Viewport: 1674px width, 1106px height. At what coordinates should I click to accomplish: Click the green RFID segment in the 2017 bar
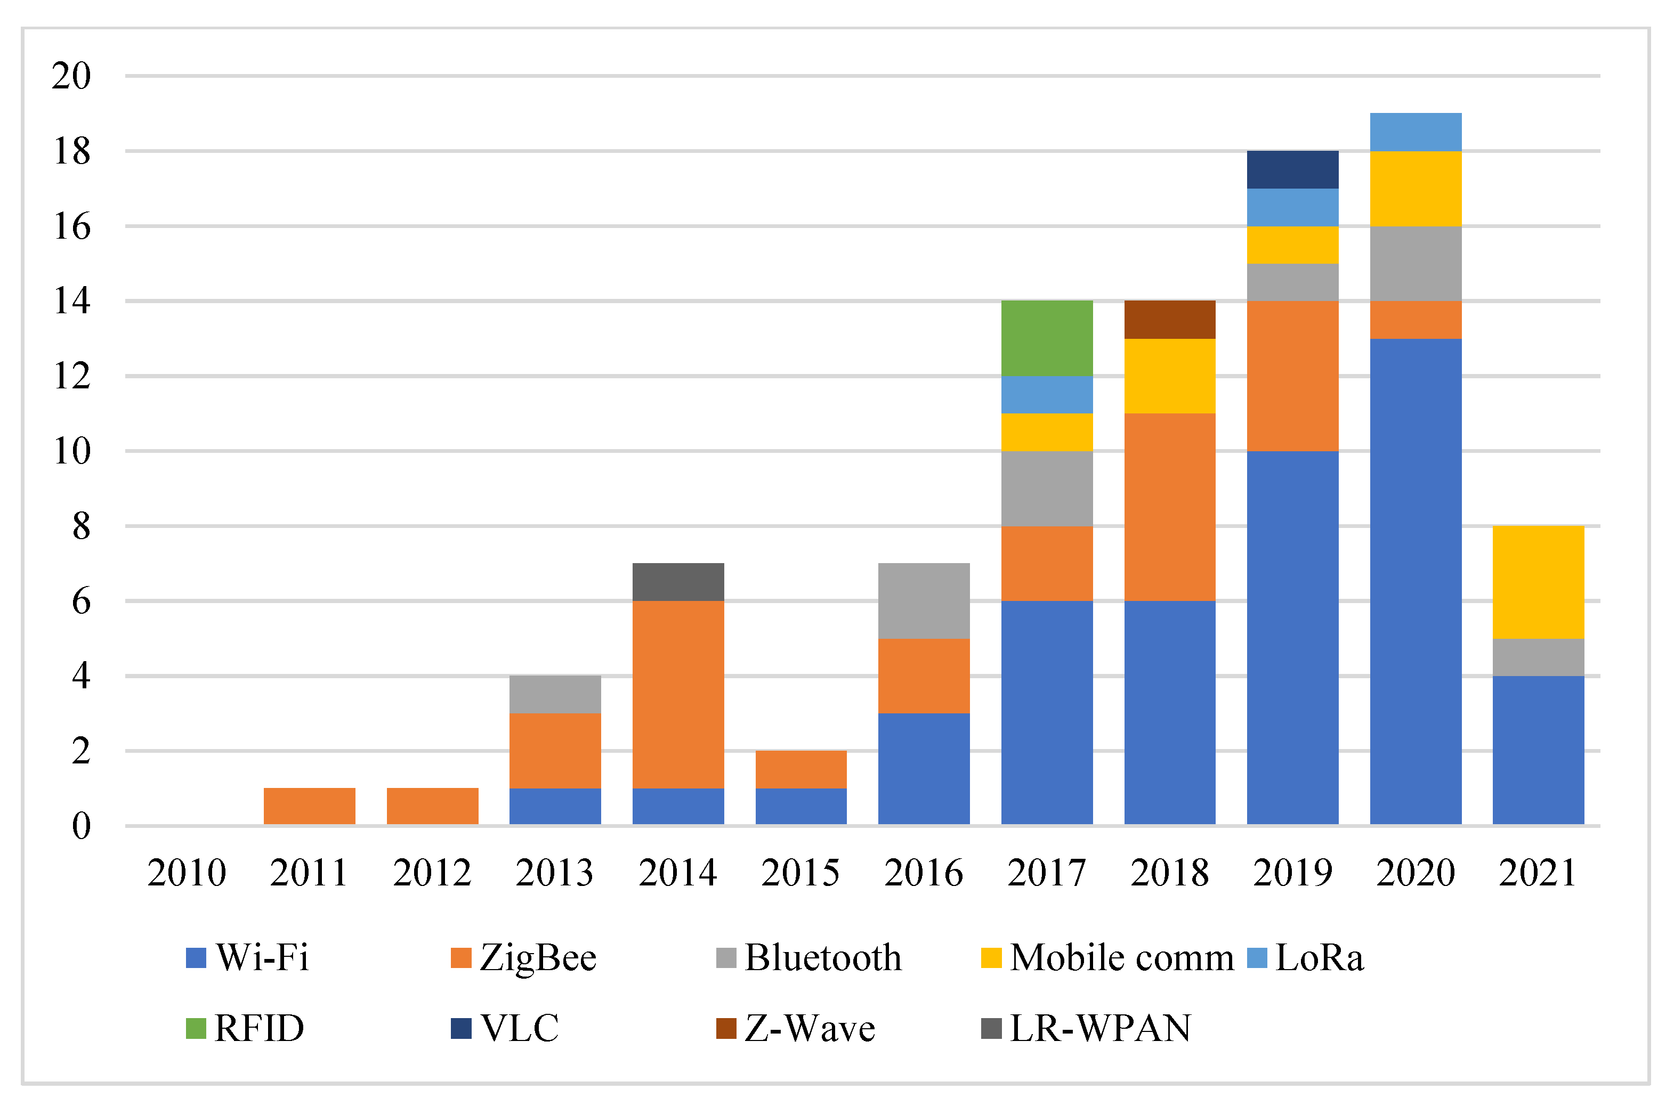[1047, 339]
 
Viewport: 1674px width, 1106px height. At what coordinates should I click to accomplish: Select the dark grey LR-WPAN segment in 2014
[678, 582]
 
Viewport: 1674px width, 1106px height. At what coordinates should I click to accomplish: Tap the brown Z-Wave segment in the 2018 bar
[1170, 320]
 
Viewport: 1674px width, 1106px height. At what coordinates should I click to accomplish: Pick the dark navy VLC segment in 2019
[1292, 170]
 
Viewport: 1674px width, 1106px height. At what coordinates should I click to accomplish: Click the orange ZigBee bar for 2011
[310, 806]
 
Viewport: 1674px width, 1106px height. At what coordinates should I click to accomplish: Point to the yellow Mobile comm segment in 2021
[1539, 583]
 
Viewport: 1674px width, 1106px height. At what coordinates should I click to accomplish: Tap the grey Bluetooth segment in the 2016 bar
[924, 601]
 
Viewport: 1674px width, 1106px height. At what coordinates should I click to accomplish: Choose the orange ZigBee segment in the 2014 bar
[678, 695]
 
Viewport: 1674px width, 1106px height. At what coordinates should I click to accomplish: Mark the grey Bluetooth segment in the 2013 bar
[555, 695]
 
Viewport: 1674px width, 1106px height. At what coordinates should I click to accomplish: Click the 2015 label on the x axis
[800, 873]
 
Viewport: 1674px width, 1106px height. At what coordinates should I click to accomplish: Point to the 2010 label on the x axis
[187, 873]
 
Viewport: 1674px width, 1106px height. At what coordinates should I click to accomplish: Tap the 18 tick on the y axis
[72, 151]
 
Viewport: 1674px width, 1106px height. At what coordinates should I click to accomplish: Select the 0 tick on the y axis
[82, 825]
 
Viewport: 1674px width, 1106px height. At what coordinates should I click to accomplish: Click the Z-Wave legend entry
[796, 1028]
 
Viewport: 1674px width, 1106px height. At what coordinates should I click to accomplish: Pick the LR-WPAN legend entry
[1086, 1028]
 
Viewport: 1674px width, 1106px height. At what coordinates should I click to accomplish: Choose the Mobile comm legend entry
[1107, 958]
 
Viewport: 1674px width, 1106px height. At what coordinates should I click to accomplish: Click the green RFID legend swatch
[196, 1028]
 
